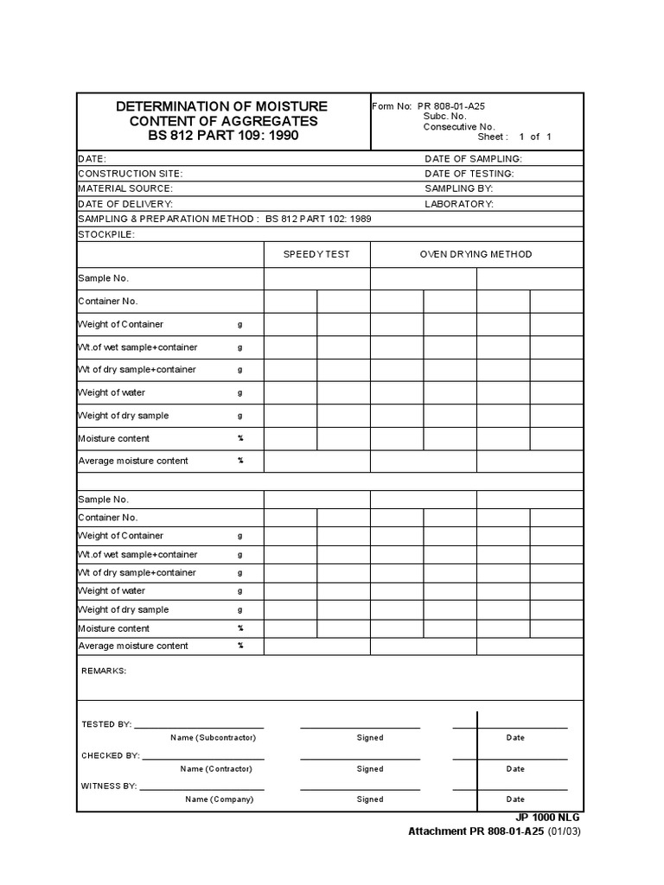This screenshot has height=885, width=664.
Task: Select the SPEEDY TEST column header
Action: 316,254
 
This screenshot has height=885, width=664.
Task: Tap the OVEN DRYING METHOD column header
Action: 476,254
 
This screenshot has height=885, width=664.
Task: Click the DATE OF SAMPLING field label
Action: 473,159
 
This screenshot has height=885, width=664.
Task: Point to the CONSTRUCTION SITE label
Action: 131,174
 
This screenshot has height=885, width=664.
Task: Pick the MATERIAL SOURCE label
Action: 125,188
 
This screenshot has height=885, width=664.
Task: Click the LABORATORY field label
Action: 459,204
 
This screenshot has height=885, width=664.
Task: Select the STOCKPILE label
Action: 106,234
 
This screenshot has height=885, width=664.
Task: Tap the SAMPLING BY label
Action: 459,188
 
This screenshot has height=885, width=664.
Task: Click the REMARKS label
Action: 104,671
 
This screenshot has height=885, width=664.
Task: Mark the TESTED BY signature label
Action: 105,724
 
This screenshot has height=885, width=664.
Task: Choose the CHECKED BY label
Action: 110,755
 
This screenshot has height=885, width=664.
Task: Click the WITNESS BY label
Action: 109,786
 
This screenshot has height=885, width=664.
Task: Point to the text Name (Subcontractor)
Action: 213,738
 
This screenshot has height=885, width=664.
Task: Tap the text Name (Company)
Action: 219,799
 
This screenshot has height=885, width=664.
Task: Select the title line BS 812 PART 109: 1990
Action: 223,137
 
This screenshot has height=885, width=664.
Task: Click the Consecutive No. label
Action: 458,126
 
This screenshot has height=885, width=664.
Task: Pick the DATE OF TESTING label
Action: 469,174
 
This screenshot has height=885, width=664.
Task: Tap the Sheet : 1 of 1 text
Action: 514,137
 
